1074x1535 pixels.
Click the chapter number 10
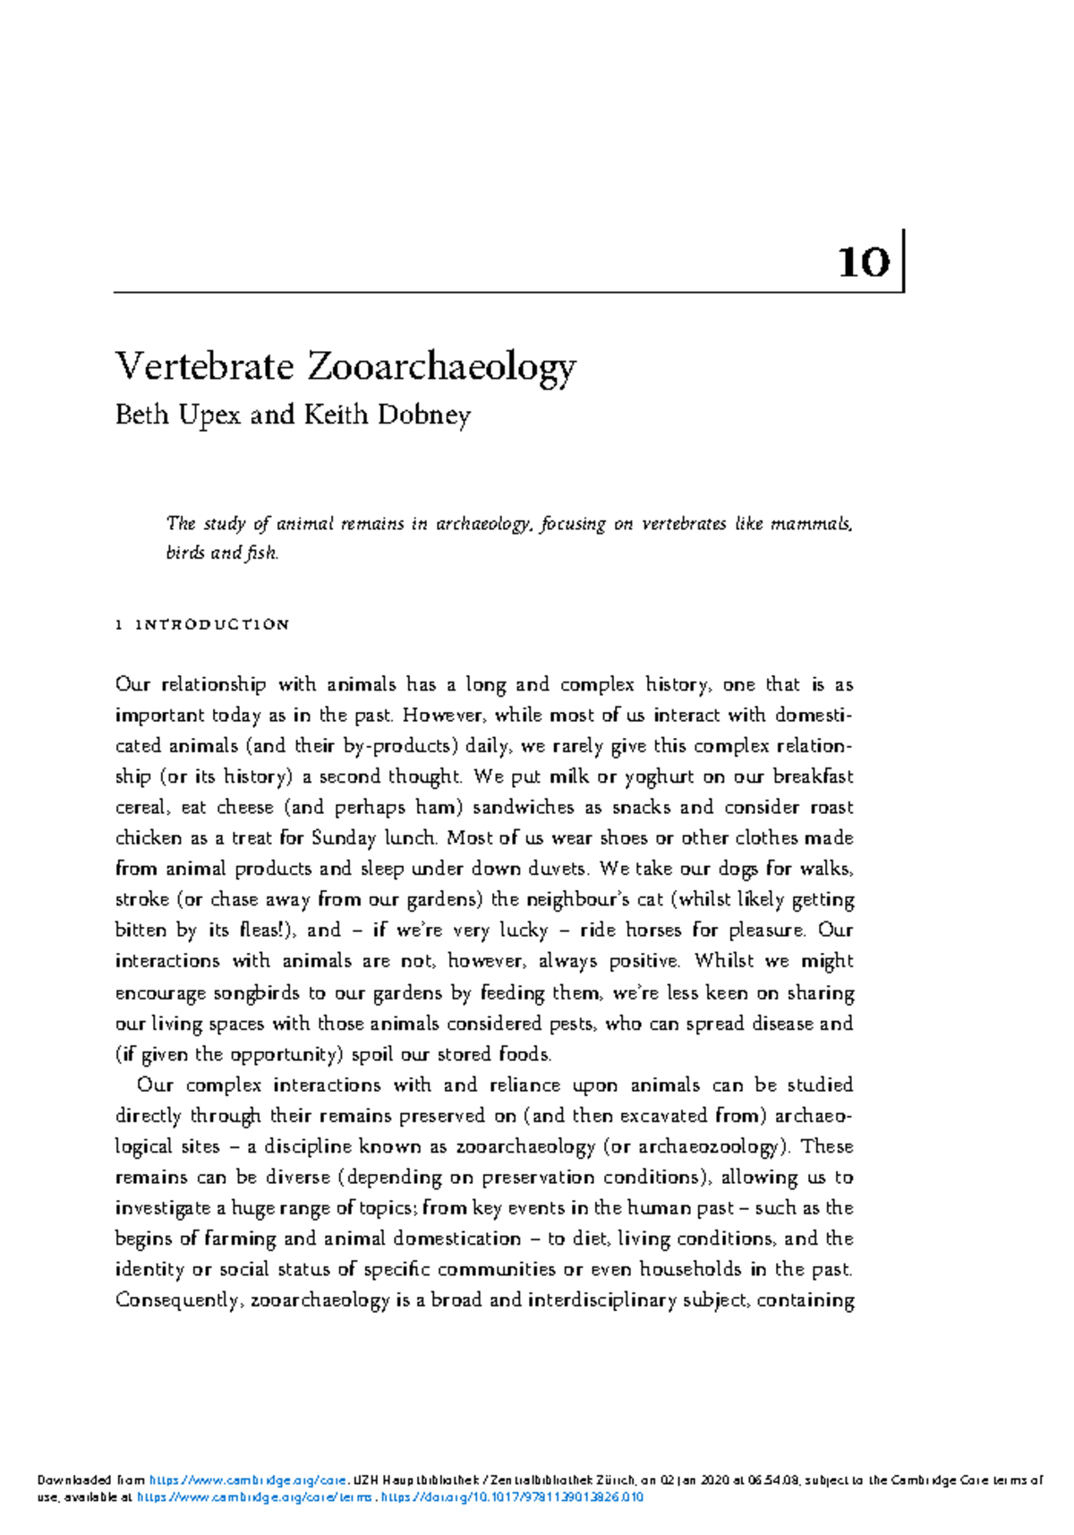(x=864, y=262)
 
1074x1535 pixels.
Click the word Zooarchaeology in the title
(x=441, y=367)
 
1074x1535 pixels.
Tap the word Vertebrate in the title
(x=205, y=365)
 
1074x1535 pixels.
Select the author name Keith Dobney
(x=387, y=415)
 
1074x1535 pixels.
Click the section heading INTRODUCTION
(x=212, y=624)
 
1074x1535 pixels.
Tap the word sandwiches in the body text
(x=523, y=807)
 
